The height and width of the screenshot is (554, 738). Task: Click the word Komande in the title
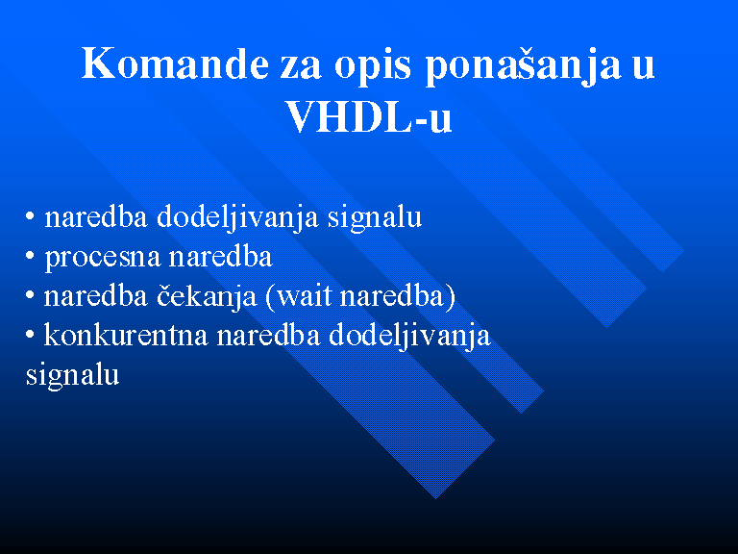coord(175,63)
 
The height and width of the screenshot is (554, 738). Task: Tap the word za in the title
coord(301,67)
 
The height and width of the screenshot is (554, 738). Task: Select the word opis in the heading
coord(372,65)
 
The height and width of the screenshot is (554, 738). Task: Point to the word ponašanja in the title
coord(523,65)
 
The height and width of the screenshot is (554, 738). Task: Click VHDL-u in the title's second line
coord(369,116)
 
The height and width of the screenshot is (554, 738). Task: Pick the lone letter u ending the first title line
coord(644,67)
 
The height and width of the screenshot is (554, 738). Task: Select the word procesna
coord(103,258)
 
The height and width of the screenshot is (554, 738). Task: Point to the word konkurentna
coord(126,336)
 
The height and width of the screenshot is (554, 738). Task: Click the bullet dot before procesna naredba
coord(30,256)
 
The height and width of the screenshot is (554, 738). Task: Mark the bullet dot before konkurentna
coord(30,335)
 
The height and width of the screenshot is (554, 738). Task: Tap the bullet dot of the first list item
coord(30,216)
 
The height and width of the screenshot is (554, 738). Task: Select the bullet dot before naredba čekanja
coord(30,295)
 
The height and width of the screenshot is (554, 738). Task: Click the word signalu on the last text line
coord(72,376)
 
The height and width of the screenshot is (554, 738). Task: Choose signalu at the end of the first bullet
coord(375,218)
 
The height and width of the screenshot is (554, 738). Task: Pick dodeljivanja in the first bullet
coord(237,218)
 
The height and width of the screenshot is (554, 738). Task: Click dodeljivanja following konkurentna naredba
coord(409,337)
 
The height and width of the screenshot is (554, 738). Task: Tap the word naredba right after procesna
coord(220,256)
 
